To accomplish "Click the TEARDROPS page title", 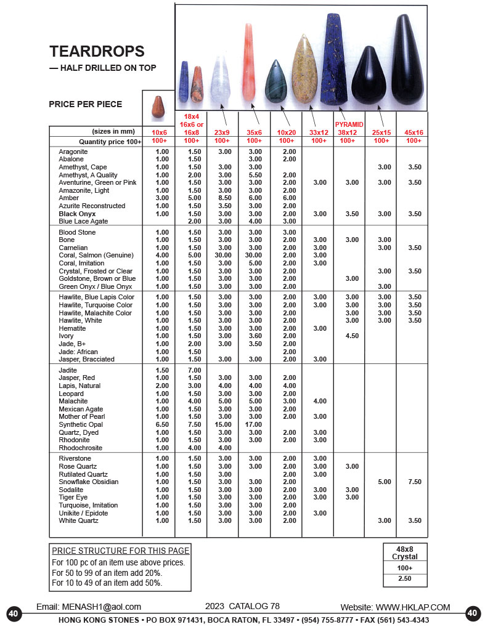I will pyautogui.click(x=97, y=52).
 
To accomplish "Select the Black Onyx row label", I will pyautogui.click(x=77, y=214).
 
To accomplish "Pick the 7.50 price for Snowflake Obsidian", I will pyautogui.click(x=414, y=482).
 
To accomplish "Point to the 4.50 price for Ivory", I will pyautogui.click(x=352, y=336).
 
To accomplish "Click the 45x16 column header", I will pyautogui.click(x=413, y=132).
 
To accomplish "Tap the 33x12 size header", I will pyautogui.click(x=319, y=132).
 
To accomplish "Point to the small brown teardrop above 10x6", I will pyautogui.click(x=158, y=108).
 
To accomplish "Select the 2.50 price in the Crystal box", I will pyautogui.click(x=404, y=579).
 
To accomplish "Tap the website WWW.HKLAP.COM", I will pyautogui.click(x=395, y=607).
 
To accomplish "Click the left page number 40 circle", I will pyautogui.click(x=14, y=613).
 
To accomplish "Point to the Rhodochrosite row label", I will pyautogui.click(x=81, y=448).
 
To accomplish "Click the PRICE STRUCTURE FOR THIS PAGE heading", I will pyautogui.click(x=121, y=551).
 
